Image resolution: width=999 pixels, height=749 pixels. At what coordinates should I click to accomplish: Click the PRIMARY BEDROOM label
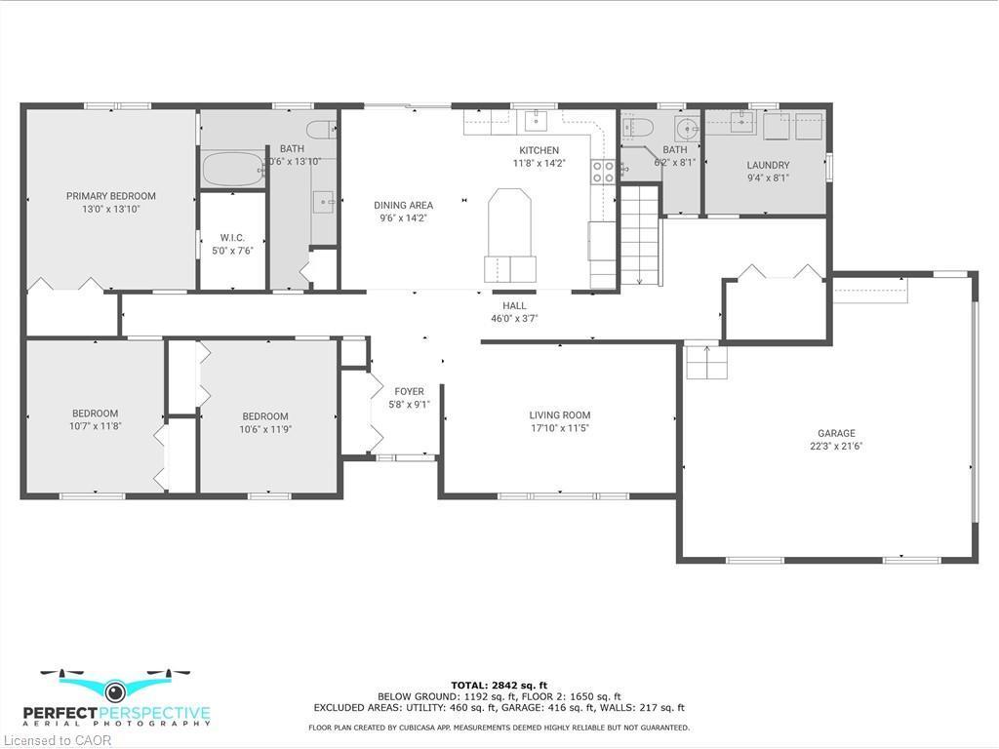coord(110,196)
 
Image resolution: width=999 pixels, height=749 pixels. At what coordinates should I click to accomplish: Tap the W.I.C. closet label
coord(232,238)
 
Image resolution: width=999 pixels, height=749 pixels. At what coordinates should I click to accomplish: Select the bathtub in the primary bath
coord(233,170)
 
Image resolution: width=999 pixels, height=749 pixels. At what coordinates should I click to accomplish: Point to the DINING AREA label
coord(403,206)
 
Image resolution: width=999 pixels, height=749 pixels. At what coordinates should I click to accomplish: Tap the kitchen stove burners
coord(603,173)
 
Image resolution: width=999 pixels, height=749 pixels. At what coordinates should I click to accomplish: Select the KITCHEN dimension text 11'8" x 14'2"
coord(539,164)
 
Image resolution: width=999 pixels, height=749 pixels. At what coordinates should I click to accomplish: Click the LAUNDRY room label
coord(768,166)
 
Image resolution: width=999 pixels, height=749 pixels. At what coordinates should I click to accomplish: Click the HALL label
coord(514,305)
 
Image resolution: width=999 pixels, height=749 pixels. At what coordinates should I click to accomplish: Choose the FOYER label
coord(409,392)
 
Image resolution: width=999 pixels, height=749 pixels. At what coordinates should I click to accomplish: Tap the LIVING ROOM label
coord(559,415)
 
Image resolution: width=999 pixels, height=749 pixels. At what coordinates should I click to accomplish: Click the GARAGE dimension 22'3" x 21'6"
coord(836,447)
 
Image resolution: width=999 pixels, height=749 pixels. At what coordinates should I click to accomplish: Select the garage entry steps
coord(706,363)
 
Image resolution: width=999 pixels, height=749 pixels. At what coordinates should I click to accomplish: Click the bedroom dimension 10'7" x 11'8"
coord(94,426)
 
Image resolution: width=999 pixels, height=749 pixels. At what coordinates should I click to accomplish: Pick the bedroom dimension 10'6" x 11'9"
coord(265,429)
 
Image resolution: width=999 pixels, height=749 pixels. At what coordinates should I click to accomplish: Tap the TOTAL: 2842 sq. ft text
coord(499,685)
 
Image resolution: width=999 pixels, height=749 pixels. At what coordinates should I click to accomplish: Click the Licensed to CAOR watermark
coord(57,740)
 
